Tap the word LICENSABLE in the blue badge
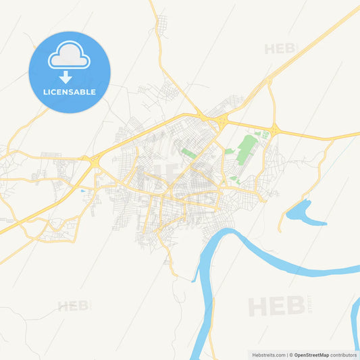[x=69, y=91]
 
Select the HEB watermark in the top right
[x=280, y=49]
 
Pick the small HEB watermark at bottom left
[x=73, y=306]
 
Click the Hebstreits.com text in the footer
[x=269, y=354]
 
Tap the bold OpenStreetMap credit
[x=311, y=354]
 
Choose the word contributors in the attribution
[x=343, y=354]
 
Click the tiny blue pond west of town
[x=82, y=191]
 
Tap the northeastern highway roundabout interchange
[x=274, y=129]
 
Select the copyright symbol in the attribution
[x=291, y=354]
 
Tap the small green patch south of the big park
[x=234, y=178]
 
